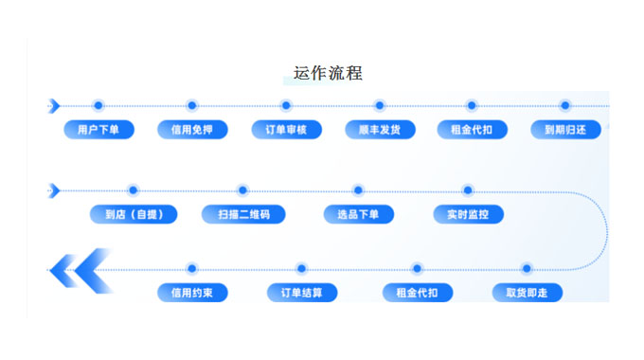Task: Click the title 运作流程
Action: (x=328, y=73)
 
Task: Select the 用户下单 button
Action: (x=98, y=130)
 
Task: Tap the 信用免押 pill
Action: (x=192, y=130)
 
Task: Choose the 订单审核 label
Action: (x=286, y=130)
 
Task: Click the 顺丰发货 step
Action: (x=379, y=130)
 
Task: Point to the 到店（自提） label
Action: (x=134, y=214)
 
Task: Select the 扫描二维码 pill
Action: (x=242, y=214)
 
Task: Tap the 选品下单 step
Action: (x=358, y=214)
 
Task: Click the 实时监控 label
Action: (x=468, y=214)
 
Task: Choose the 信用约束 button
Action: (x=192, y=293)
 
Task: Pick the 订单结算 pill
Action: (x=301, y=293)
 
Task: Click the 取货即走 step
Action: (x=527, y=293)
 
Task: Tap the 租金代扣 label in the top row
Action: (x=472, y=130)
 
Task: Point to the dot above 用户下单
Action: (x=98, y=105)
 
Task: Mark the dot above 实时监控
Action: (x=467, y=190)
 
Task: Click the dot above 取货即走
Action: (x=527, y=269)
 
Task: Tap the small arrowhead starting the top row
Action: (x=54, y=105)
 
